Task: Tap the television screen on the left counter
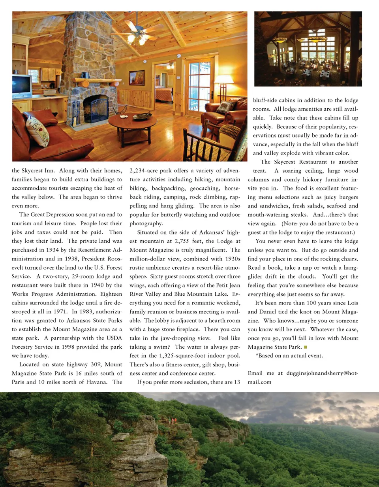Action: pos(21,85)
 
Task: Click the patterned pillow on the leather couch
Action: pos(37,131)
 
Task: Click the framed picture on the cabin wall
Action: pos(137,77)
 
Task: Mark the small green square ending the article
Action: pos(305,347)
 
